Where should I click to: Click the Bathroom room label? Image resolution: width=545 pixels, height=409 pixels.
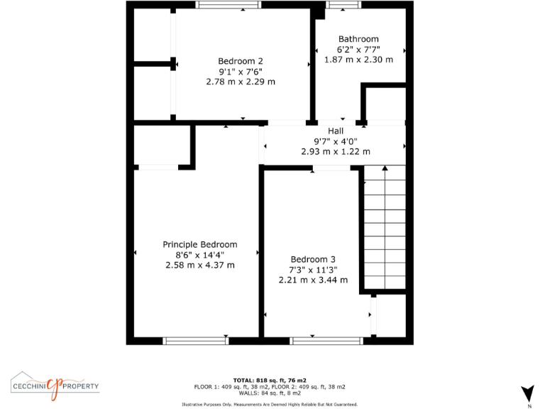pyautogui.click(x=358, y=39)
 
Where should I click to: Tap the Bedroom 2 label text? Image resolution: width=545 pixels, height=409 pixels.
pyautogui.click(x=241, y=61)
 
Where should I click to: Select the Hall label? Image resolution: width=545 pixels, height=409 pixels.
pyautogui.click(x=336, y=131)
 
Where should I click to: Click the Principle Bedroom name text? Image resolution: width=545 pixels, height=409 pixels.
pyautogui.click(x=200, y=244)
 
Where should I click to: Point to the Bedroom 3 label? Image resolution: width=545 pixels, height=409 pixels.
pyautogui.click(x=313, y=259)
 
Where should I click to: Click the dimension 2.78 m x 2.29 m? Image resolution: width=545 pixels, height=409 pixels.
pyautogui.click(x=241, y=82)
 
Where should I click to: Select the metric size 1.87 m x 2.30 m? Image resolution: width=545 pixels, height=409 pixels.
pyautogui.click(x=358, y=60)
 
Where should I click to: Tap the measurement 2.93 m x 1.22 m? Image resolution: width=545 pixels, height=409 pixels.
pyautogui.click(x=336, y=151)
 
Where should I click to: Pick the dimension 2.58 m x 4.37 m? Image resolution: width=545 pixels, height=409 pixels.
pyautogui.click(x=200, y=265)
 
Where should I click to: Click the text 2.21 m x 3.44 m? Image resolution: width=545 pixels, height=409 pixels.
pyautogui.click(x=313, y=280)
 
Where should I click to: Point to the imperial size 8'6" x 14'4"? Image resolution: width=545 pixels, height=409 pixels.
pyautogui.click(x=200, y=255)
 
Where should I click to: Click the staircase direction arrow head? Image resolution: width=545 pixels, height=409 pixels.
pyautogui.click(x=384, y=169)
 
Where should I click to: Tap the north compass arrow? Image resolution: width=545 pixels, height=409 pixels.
pyautogui.click(x=527, y=393)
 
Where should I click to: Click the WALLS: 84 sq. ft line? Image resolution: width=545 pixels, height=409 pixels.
pyautogui.click(x=270, y=393)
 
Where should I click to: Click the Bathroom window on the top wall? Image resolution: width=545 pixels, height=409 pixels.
pyautogui.click(x=343, y=5)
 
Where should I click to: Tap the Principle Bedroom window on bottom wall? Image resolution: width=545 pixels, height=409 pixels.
pyautogui.click(x=196, y=341)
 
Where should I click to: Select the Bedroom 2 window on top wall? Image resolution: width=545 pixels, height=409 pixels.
pyautogui.click(x=229, y=5)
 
